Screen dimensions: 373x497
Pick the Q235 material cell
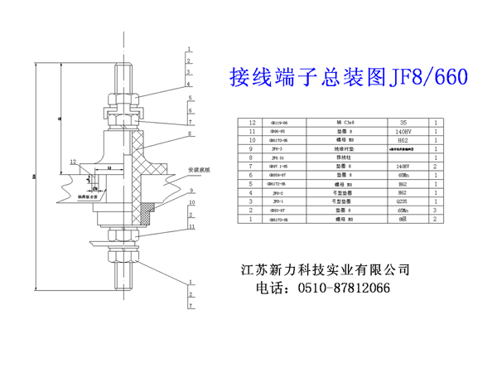[x=403, y=201]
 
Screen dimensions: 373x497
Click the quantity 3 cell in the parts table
[x=437, y=211]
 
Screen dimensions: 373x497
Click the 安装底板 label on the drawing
[x=200, y=168]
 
